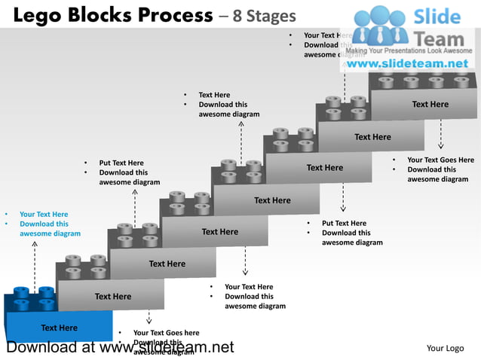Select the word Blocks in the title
(103, 15)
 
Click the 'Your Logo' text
(445, 348)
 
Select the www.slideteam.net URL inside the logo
(407, 64)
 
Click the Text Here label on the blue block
(59, 328)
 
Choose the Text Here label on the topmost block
(430, 105)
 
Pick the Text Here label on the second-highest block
(372, 137)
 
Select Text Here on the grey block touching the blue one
(112, 297)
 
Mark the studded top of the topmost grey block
(422, 81)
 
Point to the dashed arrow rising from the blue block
(35, 264)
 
